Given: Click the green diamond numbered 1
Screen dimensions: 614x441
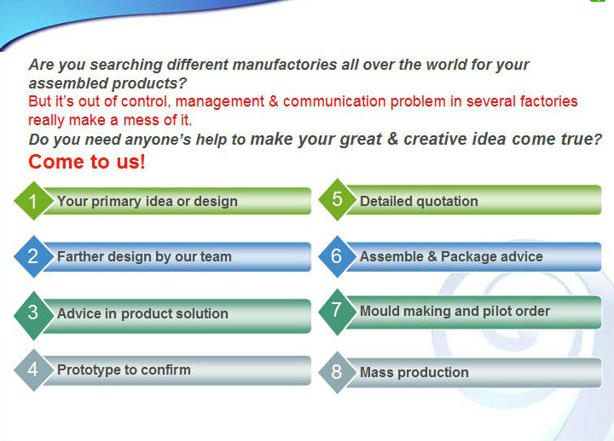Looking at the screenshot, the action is tap(33, 201).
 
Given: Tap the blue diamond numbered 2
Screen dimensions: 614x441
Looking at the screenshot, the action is tap(33, 256).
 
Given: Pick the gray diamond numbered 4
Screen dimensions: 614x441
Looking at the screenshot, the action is tap(33, 369).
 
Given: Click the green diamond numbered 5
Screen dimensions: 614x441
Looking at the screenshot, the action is tap(337, 199).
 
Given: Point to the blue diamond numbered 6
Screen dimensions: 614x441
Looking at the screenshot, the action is tap(337, 256).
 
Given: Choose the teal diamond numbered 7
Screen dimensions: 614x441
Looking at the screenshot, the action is tap(337, 312).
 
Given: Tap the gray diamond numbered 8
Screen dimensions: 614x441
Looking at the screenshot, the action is tap(337, 372).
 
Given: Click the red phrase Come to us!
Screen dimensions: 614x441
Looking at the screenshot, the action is tap(87, 162).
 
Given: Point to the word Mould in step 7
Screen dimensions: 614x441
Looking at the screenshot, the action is tap(379, 312).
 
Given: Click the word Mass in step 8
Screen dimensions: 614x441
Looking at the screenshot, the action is tap(376, 372).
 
